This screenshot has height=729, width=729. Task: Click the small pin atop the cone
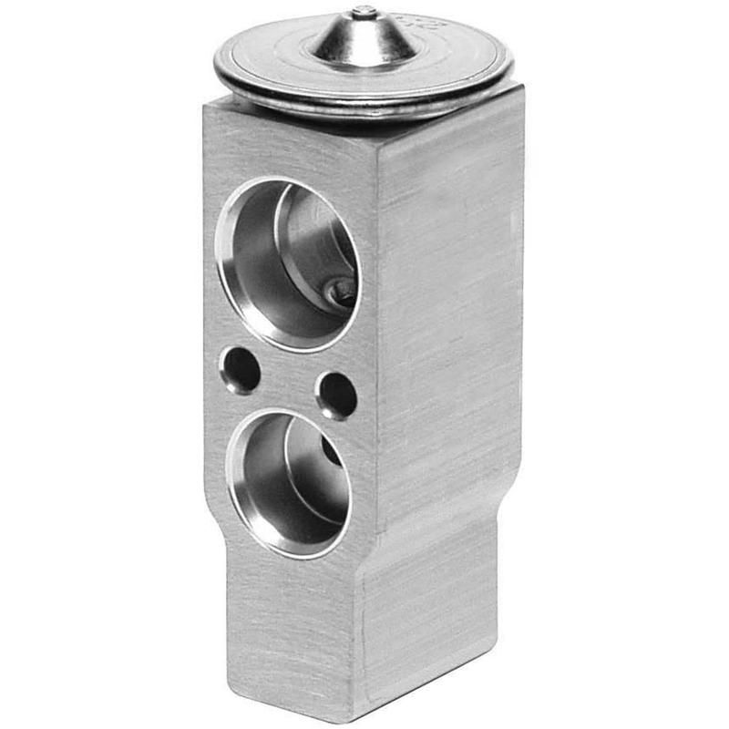364,12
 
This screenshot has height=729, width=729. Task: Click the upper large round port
288,264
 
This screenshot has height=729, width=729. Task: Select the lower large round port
290,483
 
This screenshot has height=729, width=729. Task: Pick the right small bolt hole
336,395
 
